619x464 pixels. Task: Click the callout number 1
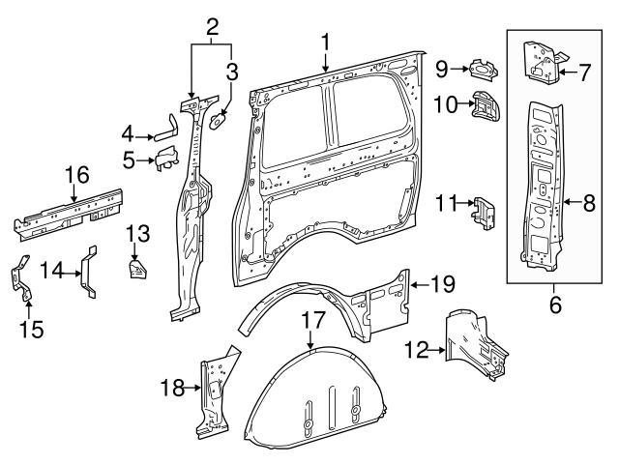pos(326,42)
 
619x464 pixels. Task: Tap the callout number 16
pos(76,175)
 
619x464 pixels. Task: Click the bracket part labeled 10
pos(484,106)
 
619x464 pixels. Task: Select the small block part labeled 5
pos(166,158)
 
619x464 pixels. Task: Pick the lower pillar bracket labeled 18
pos(213,391)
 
